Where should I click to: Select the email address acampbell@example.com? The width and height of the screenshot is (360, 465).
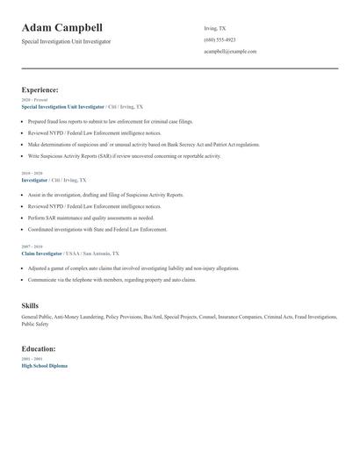click(x=230, y=52)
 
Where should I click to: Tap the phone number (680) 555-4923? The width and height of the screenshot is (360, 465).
click(x=220, y=39)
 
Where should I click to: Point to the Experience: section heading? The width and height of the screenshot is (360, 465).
click(x=40, y=89)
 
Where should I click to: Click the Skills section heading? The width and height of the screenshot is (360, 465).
click(x=30, y=304)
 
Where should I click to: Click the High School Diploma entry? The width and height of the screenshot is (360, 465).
click(x=44, y=365)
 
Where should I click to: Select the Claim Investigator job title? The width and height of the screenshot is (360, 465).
click(x=41, y=253)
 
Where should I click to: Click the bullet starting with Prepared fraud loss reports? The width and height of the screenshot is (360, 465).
click(x=110, y=122)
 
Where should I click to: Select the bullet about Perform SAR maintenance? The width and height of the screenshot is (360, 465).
click(x=90, y=218)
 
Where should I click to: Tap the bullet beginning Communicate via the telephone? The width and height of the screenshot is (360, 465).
click(x=112, y=280)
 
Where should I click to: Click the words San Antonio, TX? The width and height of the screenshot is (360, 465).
click(x=101, y=253)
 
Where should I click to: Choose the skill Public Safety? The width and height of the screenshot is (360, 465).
click(x=35, y=324)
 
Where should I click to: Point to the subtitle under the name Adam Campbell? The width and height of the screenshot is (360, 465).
click(x=66, y=41)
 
